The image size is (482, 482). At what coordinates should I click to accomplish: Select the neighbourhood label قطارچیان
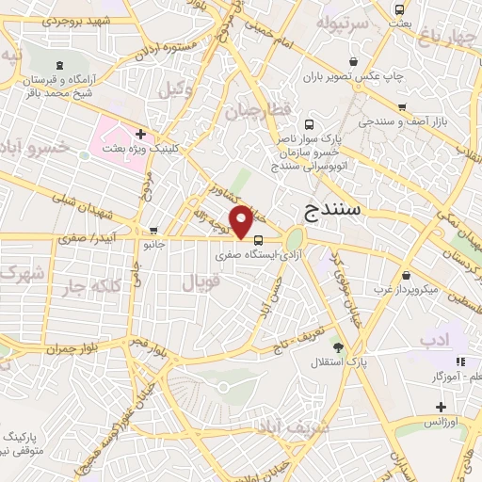[x=253, y=111]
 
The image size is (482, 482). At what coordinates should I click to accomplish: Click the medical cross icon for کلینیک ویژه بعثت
[x=140, y=135]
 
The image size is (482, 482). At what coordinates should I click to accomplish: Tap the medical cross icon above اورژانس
[x=440, y=407]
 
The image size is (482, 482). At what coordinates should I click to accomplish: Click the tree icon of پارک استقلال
[x=338, y=348]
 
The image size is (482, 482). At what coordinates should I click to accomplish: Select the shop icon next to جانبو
[x=153, y=231]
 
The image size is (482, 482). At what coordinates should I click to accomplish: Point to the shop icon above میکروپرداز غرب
[x=405, y=275]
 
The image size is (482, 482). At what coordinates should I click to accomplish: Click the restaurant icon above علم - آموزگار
[x=459, y=361]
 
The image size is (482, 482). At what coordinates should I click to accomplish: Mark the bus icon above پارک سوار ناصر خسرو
[x=309, y=123]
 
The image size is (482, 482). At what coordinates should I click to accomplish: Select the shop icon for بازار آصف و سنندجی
[x=403, y=107]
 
